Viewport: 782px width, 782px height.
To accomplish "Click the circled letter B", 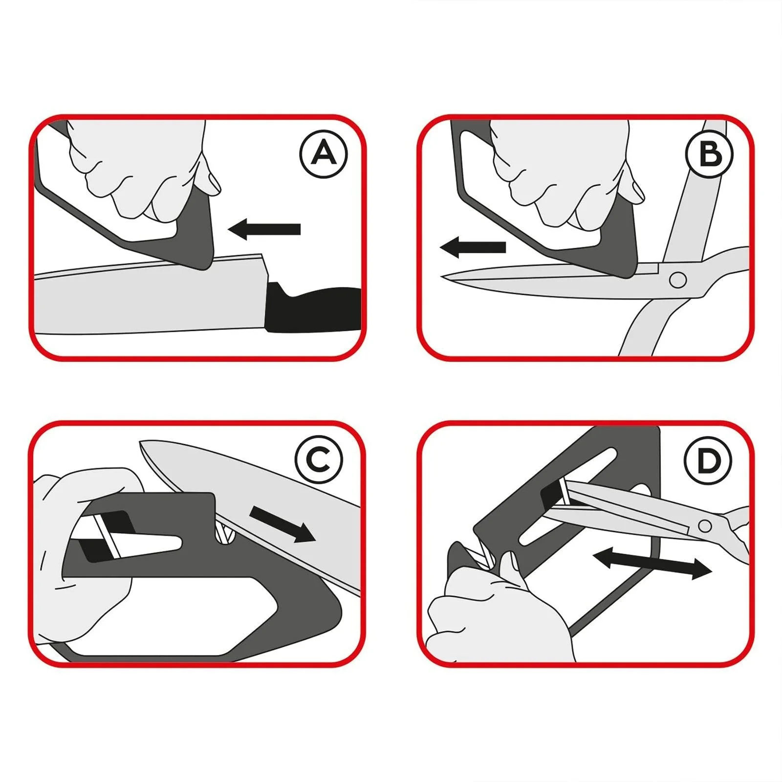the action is pos(709,154).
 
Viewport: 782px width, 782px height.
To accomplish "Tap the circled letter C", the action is pos(319,459).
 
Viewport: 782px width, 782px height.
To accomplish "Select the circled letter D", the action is pos(708,461).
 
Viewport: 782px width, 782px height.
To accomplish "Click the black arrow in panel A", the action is pos(264,229).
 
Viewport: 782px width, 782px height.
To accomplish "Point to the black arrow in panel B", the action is pos(473,247).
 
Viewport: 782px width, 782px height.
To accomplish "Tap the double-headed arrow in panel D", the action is pos(652,564).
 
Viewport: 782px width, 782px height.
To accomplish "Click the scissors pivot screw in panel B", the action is pos(677,280).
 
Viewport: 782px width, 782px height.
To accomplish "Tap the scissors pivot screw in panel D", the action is pos(704,526).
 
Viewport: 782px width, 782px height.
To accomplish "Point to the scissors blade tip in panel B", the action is pos(442,277).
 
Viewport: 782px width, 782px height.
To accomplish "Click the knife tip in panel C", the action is pos(141,443).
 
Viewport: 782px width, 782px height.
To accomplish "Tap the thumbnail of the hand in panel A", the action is pos(213,182).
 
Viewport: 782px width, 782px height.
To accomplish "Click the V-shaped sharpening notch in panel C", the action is pos(225,533).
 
